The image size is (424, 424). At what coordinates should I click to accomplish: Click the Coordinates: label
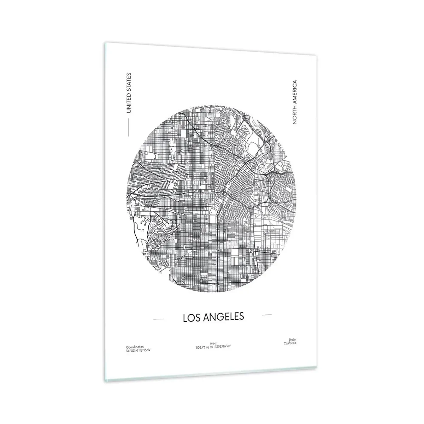[134, 348]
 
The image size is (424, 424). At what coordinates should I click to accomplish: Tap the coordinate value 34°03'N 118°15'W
[136, 351]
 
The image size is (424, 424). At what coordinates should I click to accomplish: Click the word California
[290, 343]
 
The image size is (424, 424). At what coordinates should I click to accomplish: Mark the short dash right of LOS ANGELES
[267, 314]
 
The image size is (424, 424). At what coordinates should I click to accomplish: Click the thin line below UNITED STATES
[128, 127]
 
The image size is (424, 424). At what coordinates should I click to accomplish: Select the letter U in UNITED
[128, 111]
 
